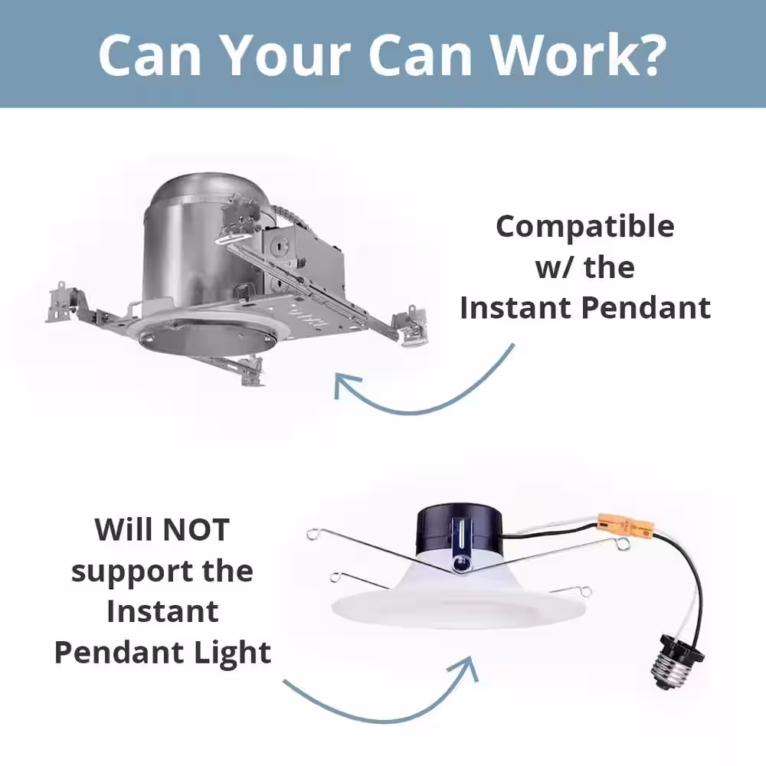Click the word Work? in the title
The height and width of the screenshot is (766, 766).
pyautogui.click(x=579, y=54)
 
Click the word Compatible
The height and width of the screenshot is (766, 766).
pyautogui.click(x=585, y=228)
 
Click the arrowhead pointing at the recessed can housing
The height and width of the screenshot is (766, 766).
pyautogui.click(x=346, y=384)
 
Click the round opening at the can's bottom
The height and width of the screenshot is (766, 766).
pyautogui.click(x=205, y=334)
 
